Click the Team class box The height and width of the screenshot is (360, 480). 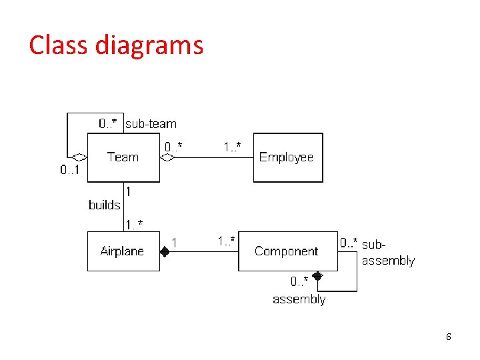click(123, 157)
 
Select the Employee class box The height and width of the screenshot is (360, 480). click(287, 157)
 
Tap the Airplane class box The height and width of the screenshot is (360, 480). click(123, 251)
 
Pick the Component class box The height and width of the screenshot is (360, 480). click(287, 251)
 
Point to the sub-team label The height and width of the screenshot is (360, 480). click(151, 123)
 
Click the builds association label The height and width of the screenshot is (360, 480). click(105, 205)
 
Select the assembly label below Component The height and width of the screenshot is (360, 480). click(299, 299)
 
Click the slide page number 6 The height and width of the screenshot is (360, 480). click(449, 337)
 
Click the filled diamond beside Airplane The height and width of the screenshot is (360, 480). click(165, 252)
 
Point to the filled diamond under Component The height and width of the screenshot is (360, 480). click(317, 275)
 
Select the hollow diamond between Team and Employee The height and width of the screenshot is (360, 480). click(167, 158)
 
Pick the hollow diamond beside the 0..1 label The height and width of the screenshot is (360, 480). click(80, 158)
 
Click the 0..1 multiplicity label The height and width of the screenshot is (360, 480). click(70, 170)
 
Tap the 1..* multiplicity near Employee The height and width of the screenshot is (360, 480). click(232, 146)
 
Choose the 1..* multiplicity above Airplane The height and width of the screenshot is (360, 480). click(133, 223)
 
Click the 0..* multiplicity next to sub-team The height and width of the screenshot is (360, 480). click(109, 123)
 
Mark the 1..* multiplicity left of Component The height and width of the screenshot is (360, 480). click(226, 240)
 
